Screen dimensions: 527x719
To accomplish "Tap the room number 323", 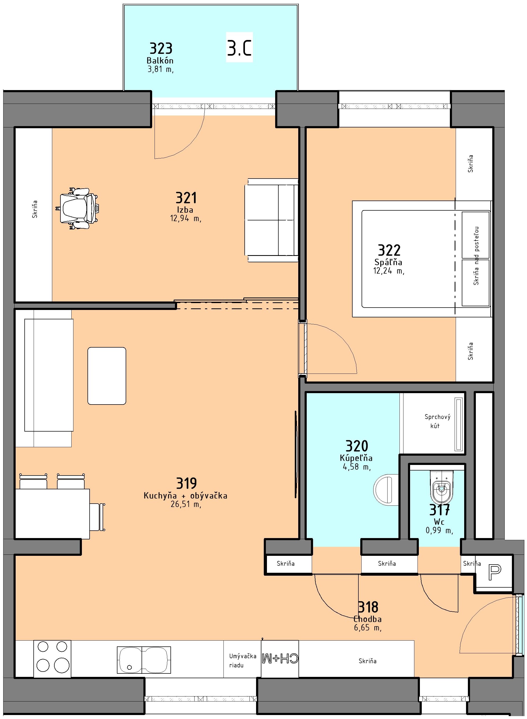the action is pyautogui.click(x=161, y=48).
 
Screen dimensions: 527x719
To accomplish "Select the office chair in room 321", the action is pyautogui.click(x=78, y=208).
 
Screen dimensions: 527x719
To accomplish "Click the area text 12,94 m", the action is pyautogui.click(x=186, y=218).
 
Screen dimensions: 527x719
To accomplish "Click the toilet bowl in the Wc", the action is pyautogui.click(x=441, y=487).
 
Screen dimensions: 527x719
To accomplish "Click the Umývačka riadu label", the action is pyautogui.click(x=243, y=661).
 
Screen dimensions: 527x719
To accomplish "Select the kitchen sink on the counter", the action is pyautogui.click(x=144, y=660).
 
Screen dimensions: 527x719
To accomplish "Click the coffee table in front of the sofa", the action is pyautogui.click(x=107, y=376).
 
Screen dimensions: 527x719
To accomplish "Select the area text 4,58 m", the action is pyautogui.click(x=357, y=467).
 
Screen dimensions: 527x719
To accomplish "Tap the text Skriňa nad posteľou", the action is pyautogui.click(x=476, y=256).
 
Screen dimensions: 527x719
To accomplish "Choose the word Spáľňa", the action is pyautogui.click(x=388, y=263).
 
